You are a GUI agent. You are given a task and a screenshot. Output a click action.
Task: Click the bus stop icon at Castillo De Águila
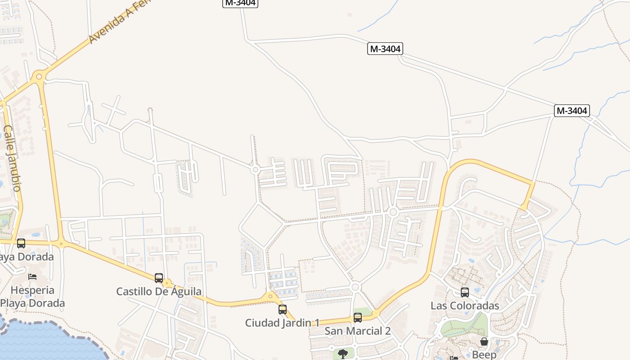(x=158, y=278)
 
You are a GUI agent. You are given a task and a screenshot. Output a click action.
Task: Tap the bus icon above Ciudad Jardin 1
(x=282, y=309)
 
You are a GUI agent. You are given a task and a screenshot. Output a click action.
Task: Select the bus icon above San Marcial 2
(x=357, y=317)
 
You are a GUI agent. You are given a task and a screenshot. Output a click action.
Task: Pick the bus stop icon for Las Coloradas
(x=464, y=292)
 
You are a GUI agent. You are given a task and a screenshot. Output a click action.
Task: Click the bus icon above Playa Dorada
(x=21, y=243)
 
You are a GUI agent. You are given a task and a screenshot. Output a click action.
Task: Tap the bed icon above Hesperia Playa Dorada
(x=32, y=276)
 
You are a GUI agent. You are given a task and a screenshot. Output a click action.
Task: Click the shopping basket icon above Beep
(x=484, y=342)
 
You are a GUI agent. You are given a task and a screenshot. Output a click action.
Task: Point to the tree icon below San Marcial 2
(x=342, y=353)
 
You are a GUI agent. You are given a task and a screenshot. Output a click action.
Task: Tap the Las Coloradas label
(x=465, y=306)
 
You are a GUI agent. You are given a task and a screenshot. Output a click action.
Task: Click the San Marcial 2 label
(x=357, y=331)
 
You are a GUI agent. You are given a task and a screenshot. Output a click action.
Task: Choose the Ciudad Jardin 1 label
(x=282, y=323)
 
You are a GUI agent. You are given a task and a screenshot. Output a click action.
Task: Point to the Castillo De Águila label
(x=159, y=291)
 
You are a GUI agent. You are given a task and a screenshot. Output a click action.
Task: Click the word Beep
(x=484, y=355)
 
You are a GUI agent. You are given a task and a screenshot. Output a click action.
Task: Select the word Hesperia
(x=32, y=290)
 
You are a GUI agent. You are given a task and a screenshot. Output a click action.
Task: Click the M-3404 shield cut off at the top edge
(x=240, y=3)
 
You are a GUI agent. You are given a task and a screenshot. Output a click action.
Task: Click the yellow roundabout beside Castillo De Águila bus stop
(x=167, y=283)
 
